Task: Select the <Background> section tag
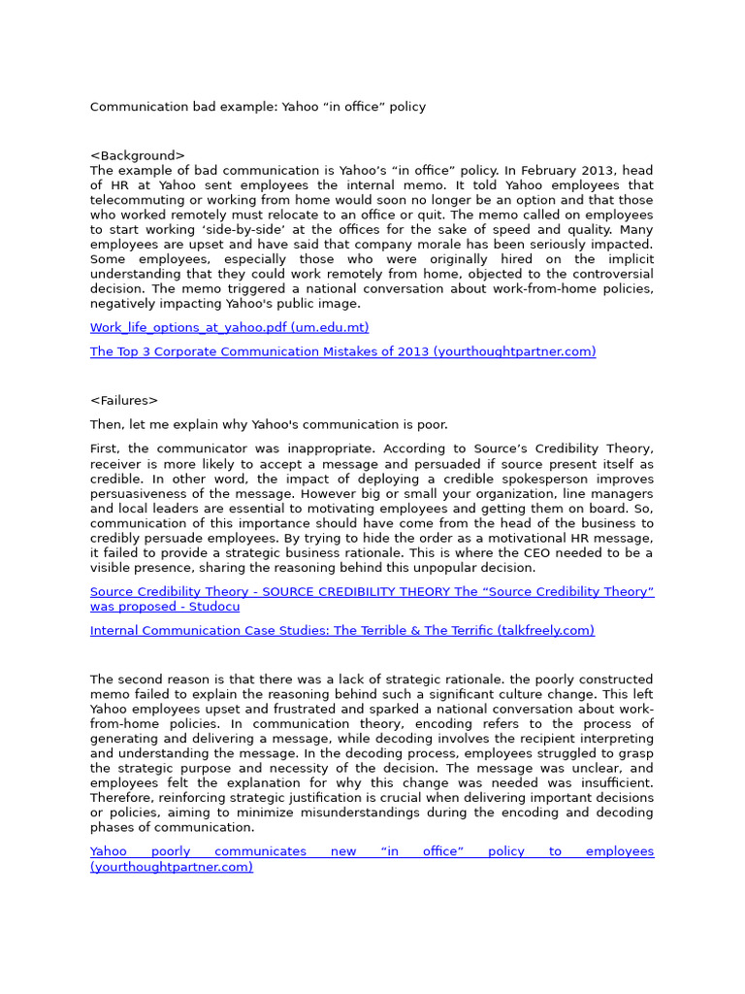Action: [137, 155]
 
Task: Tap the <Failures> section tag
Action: [123, 400]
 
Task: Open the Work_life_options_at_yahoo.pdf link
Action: [229, 327]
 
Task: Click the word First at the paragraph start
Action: [104, 448]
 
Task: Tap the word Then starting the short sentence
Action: [106, 424]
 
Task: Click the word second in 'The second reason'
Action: [140, 679]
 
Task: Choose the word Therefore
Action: [124, 798]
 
